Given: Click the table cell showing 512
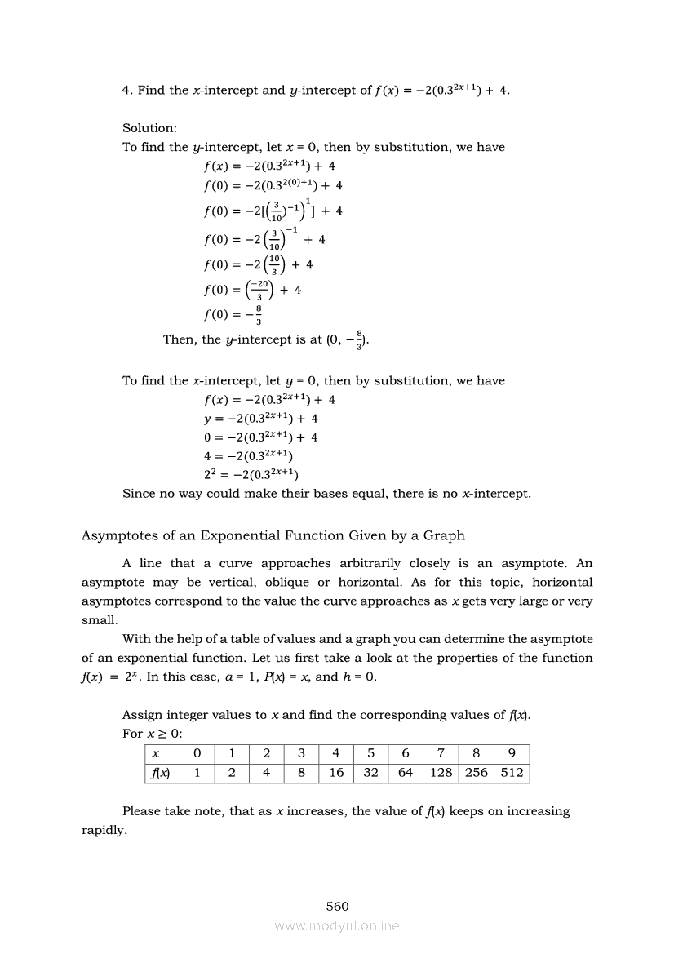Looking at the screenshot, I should point(512,772).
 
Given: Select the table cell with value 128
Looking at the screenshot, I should point(441,772).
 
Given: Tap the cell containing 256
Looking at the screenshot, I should point(476,772).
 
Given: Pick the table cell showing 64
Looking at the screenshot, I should point(406,772).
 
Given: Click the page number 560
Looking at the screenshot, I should point(337,906).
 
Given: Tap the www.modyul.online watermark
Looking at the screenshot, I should point(337,925).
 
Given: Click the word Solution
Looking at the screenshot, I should point(149,128).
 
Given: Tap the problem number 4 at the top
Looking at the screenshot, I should point(126,90).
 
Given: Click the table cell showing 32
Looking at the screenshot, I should point(370,772).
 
